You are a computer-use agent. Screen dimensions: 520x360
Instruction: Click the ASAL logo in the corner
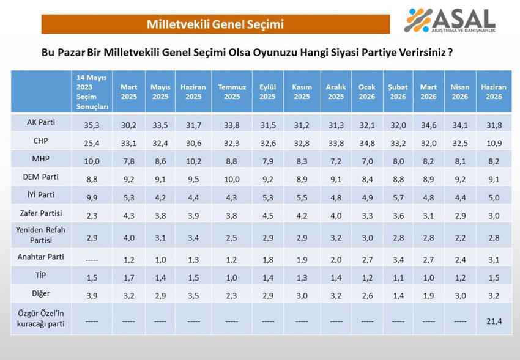coord(450,21)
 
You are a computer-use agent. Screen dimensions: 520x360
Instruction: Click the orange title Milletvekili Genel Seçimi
coord(215,24)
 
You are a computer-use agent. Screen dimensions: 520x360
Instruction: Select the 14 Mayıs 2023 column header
coord(92,92)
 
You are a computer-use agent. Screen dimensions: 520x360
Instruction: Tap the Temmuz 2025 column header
coord(232,92)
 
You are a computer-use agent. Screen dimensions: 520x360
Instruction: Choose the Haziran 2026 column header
coord(494,92)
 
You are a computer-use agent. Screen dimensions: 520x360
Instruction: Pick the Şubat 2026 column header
coord(398,92)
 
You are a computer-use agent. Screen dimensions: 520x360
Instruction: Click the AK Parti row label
coord(41,122)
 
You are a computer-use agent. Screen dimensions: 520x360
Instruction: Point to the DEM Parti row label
coord(41,177)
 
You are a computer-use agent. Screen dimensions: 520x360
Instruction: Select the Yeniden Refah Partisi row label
coord(41,235)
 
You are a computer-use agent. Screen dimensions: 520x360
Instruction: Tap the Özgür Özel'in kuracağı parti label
coord(41,318)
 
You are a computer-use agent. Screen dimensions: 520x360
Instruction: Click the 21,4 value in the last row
coord(494,321)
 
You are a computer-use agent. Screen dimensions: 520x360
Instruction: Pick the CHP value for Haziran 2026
coord(494,143)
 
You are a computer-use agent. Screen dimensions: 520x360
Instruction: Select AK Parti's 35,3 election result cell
coord(92,125)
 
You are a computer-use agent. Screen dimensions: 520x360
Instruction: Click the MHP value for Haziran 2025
coord(193,161)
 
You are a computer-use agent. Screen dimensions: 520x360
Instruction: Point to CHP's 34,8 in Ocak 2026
coord(367,143)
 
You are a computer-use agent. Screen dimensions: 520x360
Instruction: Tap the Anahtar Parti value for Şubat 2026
coord(398,259)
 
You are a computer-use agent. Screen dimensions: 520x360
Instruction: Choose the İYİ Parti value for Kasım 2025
coord(302,197)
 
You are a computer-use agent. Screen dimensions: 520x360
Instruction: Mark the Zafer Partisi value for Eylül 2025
coord(267,216)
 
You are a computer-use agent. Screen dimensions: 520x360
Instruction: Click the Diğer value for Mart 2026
coord(428,295)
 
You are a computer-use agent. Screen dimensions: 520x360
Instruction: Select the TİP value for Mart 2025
coord(128,277)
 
